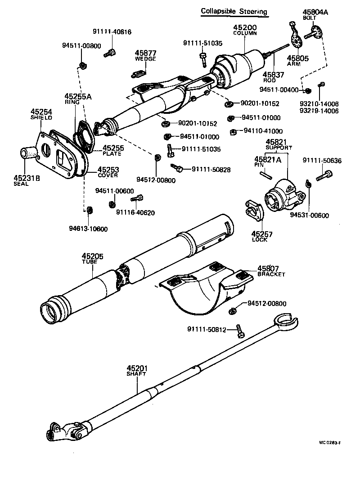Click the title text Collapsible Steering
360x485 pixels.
[234, 11]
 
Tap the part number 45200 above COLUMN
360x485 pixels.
[244, 28]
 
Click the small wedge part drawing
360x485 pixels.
[139, 72]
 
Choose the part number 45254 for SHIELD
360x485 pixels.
[41, 112]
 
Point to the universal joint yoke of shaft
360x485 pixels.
[65, 431]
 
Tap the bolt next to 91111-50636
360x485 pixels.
[324, 175]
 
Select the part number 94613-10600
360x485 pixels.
[89, 229]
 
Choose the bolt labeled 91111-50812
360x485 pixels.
[240, 332]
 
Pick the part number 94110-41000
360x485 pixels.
[263, 131]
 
